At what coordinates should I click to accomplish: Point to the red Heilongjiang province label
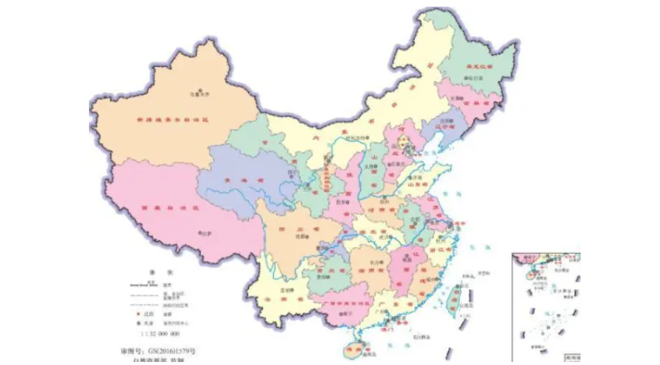[x=478, y=67]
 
